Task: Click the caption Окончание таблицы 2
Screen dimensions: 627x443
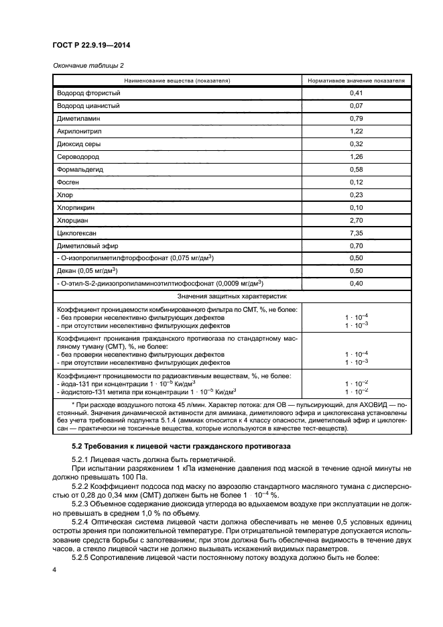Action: [88, 65]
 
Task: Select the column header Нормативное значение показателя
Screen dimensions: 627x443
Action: [356, 80]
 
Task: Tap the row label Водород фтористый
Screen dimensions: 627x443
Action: [88, 93]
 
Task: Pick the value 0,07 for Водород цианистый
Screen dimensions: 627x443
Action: [356, 106]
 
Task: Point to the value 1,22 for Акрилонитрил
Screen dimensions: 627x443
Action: [356, 132]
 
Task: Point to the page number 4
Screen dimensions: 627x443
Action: [55, 569]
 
